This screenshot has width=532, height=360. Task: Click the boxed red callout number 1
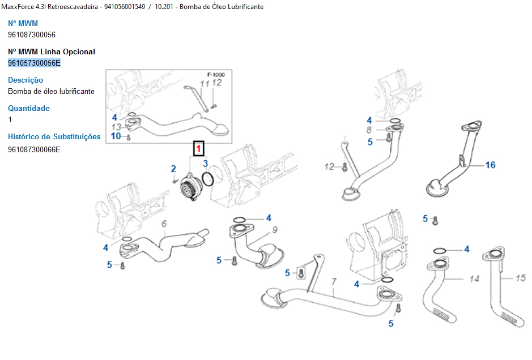pyautogui.click(x=199, y=149)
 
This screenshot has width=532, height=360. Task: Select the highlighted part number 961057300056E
pyautogui.click(x=34, y=63)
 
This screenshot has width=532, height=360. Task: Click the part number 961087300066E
pyautogui.click(x=34, y=149)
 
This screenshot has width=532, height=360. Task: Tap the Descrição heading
pyautogui.click(x=25, y=80)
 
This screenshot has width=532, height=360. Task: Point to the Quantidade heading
pyautogui.click(x=29, y=108)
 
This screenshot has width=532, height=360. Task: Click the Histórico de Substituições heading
pyautogui.click(x=54, y=136)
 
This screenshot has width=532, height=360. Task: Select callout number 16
pyautogui.click(x=490, y=165)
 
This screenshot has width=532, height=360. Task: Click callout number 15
pyautogui.click(x=521, y=278)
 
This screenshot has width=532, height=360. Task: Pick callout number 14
pyautogui.click(x=474, y=279)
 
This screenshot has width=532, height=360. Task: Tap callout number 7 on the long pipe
pyautogui.click(x=334, y=281)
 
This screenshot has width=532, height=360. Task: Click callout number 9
pyautogui.click(x=275, y=230)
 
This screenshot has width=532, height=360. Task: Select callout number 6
pyautogui.click(x=164, y=224)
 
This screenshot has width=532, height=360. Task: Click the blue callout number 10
pyautogui.click(x=116, y=136)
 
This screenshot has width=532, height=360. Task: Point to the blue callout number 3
pyautogui.click(x=206, y=164)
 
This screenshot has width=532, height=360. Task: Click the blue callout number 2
pyautogui.click(x=173, y=169)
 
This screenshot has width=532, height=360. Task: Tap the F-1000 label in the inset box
pyautogui.click(x=215, y=75)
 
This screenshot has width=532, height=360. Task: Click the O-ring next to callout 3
pyautogui.click(x=207, y=179)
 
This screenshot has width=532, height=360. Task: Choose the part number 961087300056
pyautogui.click(x=32, y=35)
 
